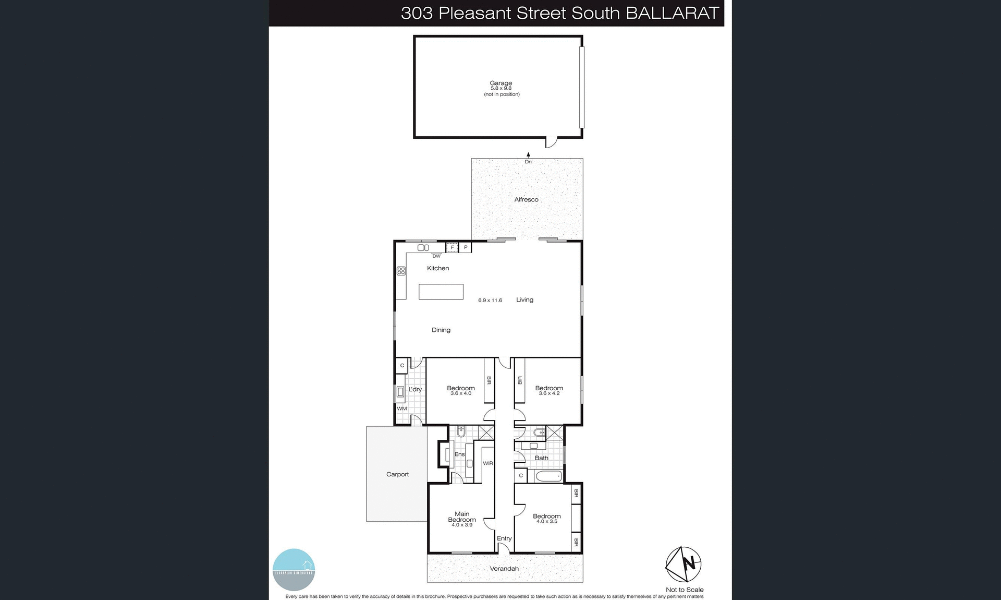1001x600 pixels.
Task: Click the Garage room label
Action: (500, 83)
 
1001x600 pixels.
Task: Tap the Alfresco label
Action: (526, 199)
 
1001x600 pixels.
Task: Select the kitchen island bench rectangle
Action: (441, 292)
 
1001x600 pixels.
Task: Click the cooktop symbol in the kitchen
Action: (401, 271)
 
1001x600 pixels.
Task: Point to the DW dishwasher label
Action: (436, 256)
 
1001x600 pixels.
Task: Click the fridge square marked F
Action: (452, 247)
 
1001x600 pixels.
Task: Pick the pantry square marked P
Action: (466, 247)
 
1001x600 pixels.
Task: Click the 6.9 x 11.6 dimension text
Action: (490, 301)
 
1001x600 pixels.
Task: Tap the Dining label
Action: (441, 330)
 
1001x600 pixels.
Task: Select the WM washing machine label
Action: (401, 409)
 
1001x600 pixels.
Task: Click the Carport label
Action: (397, 474)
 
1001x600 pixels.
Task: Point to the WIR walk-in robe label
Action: (488, 463)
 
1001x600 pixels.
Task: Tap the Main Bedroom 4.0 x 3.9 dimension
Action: (462, 525)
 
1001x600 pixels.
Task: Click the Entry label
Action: (504, 538)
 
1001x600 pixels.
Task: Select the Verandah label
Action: (504, 569)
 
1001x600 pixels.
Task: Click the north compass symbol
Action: (683, 564)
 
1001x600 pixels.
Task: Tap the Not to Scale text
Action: (685, 590)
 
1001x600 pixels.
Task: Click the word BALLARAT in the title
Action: (672, 13)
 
